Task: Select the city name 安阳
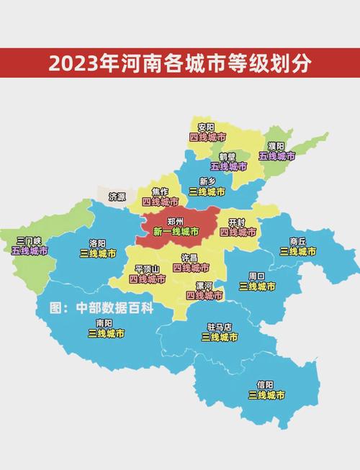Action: (x=206, y=127)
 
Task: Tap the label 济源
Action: (x=117, y=196)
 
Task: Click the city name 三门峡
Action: (x=30, y=240)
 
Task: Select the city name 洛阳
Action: (x=98, y=243)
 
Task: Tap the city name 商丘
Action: (x=298, y=241)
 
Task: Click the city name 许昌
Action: (x=189, y=258)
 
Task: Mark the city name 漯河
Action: (x=204, y=286)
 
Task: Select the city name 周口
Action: (x=257, y=276)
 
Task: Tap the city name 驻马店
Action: (x=219, y=327)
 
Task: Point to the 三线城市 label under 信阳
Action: (x=266, y=394)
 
